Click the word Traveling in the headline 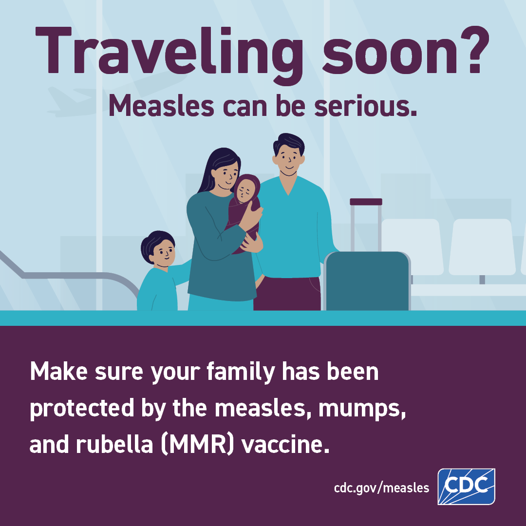pyautogui.click(x=169, y=53)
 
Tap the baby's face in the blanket pyautogui.click(x=246, y=191)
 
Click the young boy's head pyautogui.click(x=159, y=248)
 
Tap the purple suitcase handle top pyautogui.click(x=366, y=202)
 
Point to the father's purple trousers pyautogui.click(x=287, y=294)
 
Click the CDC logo pyautogui.click(x=466, y=487)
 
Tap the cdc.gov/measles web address pyautogui.click(x=381, y=488)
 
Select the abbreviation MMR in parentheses pyautogui.click(x=197, y=445)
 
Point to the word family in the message pyautogui.click(x=241, y=372)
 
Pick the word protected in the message pyautogui.click(x=82, y=409)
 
